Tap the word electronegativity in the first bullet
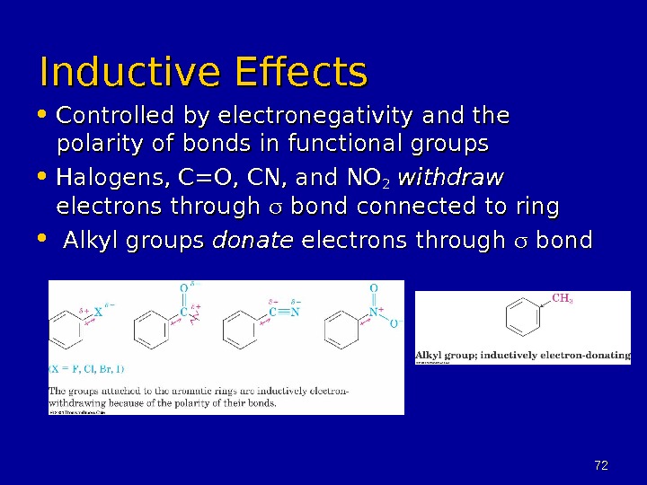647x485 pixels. click(x=303, y=118)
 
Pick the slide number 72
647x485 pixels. click(x=601, y=464)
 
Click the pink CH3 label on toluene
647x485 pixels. click(x=563, y=300)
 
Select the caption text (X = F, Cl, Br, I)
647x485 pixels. click(x=86, y=368)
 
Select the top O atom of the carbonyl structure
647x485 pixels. click(x=184, y=288)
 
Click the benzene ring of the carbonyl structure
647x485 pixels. click(x=150, y=330)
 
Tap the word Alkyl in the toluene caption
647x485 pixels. click(x=430, y=356)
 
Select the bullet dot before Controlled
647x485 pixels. click(x=45, y=118)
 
